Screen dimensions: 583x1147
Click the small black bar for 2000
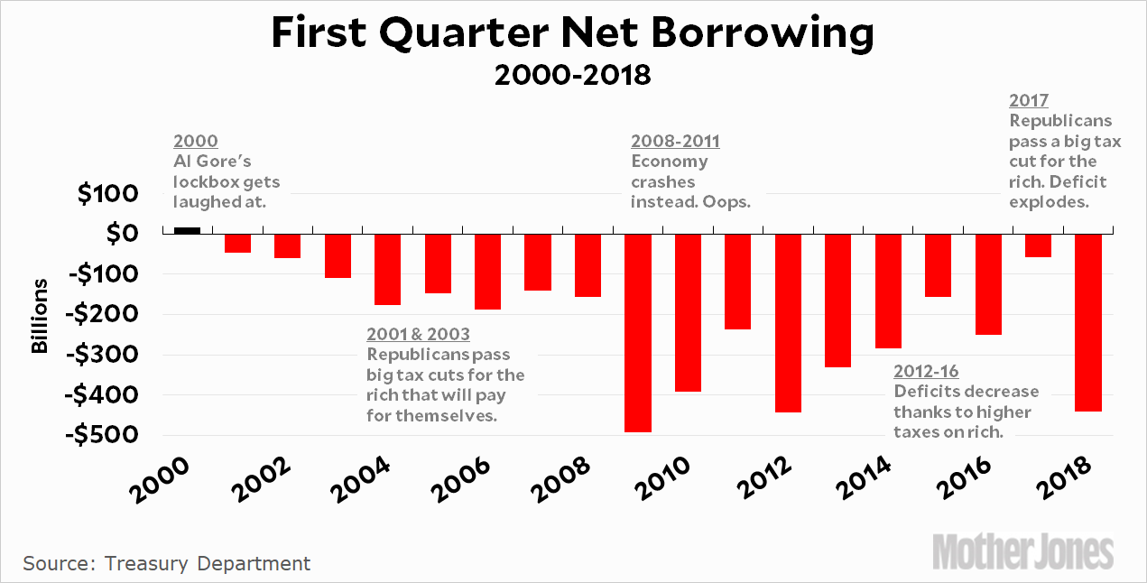click(x=187, y=230)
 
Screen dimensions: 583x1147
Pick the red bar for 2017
click(x=1039, y=245)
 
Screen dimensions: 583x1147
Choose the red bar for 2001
click(x=237, y=243)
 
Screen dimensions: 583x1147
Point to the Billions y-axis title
click(x=40, y=315)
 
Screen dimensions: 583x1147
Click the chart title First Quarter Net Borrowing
click(x=573, y=34)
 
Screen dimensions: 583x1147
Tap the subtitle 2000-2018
click(x=573, y=74)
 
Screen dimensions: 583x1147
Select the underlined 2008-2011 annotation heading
click(x=675, y=142)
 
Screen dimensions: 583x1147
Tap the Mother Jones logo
click(x=1022, y=550)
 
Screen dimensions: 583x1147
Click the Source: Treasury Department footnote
click(x=167, y=564)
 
